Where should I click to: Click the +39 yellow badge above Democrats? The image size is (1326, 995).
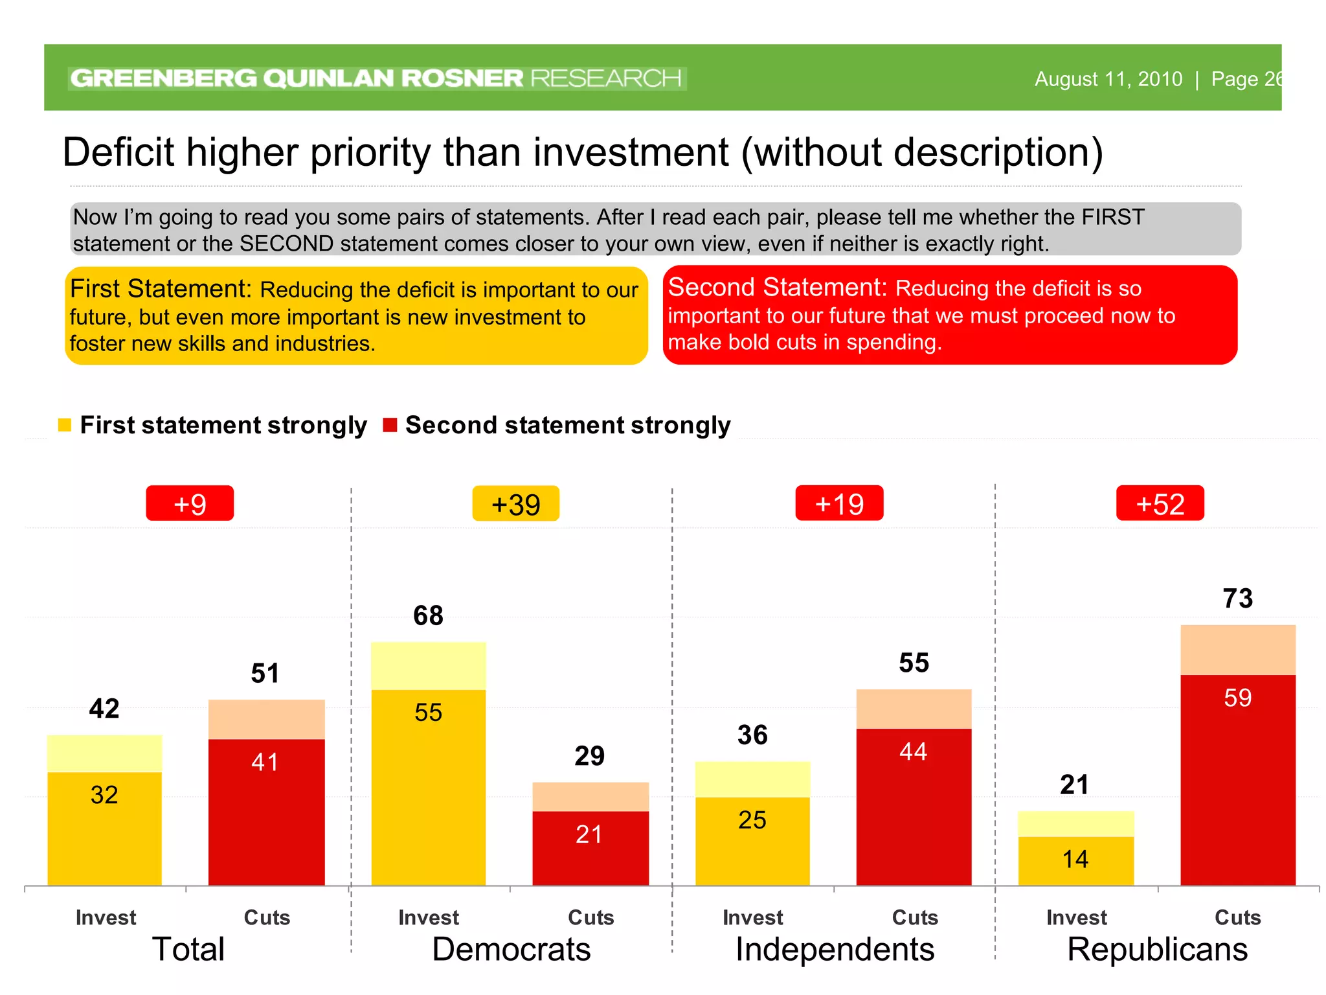point(515,504)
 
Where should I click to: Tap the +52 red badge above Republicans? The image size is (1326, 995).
point(1160,503)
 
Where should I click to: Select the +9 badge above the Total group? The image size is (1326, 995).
point(190,503)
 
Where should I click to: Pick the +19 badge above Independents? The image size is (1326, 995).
point(839,503)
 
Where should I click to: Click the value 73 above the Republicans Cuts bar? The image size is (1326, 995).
point(1237,599)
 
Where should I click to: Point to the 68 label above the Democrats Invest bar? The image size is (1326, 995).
point(428,615)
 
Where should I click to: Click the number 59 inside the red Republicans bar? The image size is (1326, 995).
point(1237,698)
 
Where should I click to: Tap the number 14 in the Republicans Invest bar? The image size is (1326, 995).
point(1075,859)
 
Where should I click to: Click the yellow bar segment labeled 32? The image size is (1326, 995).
point(104,829)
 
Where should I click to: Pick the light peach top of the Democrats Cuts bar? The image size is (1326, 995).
point(590,797)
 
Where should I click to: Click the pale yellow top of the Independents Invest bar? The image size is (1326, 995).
point(752,779)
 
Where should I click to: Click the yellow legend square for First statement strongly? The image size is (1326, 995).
point(65,426)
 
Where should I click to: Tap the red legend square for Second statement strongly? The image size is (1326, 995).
point(390,426)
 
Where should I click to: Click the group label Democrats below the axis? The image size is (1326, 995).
point(511,950)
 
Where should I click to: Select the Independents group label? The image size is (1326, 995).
point(835,950)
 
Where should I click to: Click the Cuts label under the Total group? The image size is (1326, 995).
point(267,917)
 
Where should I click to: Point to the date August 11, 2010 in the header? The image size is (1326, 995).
point(1108,79)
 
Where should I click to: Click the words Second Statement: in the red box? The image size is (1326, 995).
point(776,287)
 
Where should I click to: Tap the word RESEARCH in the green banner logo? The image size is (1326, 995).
point(605,78)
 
